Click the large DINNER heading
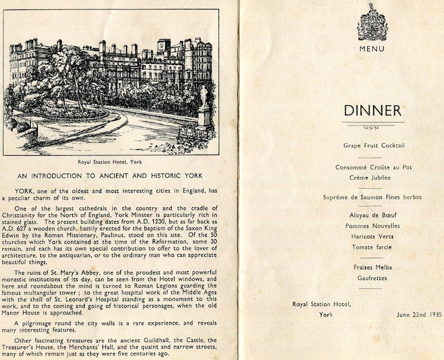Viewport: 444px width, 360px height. (372, 110)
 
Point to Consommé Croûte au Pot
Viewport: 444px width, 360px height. (373, 167)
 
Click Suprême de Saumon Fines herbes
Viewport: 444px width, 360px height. (373, 197)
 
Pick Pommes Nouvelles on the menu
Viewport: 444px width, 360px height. (373, 226)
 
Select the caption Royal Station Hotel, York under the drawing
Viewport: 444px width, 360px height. (111, 160)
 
